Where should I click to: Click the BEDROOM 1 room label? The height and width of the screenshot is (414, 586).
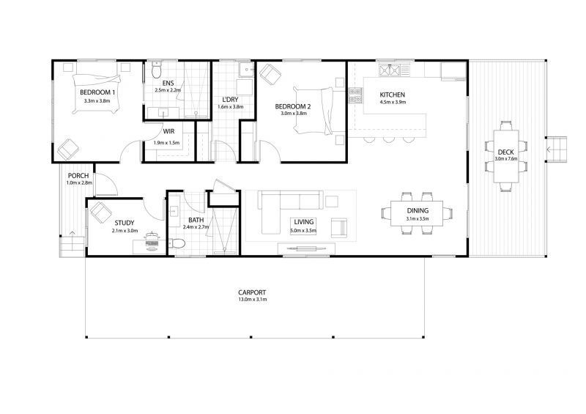tap(97, 92)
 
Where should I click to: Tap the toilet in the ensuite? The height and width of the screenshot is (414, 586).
tap(157, 70)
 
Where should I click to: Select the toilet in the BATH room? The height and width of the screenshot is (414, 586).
tap(177, 244)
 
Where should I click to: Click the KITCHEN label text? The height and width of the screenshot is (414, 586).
tap(392, 95)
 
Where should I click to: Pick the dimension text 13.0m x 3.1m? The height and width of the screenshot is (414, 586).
tap(252, 299)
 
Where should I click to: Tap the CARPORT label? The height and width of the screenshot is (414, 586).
tap(252, 292)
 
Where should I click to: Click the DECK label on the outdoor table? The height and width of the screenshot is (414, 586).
tap(505, 152)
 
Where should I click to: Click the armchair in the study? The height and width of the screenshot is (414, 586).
tap(100, 212)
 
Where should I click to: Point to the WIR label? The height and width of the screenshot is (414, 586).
tap(168, 131)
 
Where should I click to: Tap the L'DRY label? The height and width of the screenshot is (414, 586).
tap(230, 100)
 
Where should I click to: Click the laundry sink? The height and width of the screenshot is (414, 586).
tap(246, 69)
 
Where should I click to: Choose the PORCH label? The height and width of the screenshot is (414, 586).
tap(78, 176)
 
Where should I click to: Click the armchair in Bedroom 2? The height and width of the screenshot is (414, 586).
tap(270, 73)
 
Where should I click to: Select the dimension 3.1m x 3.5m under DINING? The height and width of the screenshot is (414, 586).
tap(418, 218)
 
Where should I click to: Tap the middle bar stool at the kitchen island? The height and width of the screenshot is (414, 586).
tap(389, 139)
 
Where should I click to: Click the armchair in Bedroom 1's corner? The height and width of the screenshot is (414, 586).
tap(67, 149)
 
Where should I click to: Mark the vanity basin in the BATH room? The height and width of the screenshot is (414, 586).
tap(174, 211)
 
